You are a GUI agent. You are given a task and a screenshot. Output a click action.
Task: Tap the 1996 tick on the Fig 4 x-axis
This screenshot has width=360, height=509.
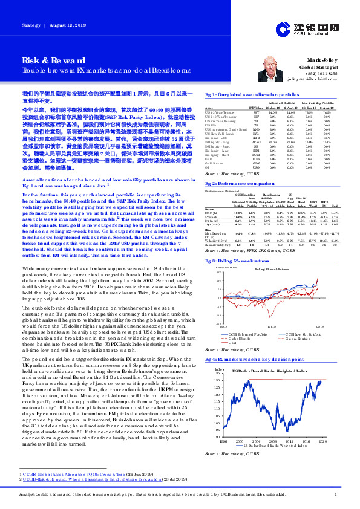coord(224,426)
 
